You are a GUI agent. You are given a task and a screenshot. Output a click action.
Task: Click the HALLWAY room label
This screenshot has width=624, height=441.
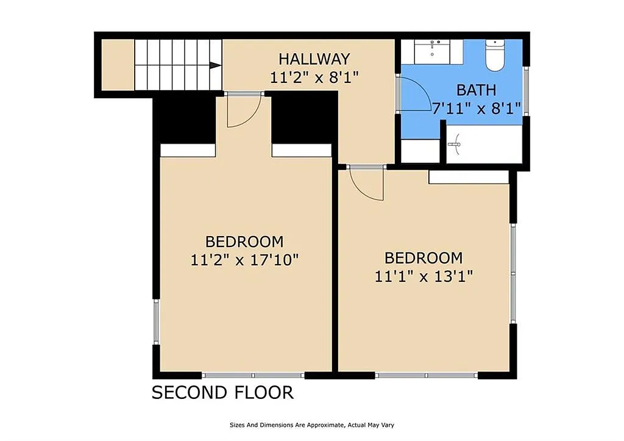(x=314, y=59)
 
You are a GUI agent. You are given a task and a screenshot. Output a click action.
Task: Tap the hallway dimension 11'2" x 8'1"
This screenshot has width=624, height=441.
(x=314, y=77)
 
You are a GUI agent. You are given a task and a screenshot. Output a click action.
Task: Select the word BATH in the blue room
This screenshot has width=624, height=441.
(x=476, y=90)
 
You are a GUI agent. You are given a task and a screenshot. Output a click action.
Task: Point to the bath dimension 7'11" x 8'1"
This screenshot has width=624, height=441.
(x=477, y=108)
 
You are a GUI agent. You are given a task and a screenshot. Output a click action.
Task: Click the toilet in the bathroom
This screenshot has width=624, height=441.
(x=495, y=55)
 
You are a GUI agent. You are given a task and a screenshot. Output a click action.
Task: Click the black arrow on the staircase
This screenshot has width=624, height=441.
(x=215, y=65)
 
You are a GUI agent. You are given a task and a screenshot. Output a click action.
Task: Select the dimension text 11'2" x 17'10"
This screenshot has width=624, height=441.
(x=244, y=260)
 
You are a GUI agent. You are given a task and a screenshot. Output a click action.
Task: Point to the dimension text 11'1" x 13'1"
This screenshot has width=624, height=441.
(x=424, y=276)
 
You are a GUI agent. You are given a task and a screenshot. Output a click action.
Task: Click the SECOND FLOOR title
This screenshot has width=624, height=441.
(x=222, y=392)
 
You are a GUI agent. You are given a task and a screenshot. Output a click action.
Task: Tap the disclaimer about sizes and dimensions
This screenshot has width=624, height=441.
(x=311, y=425)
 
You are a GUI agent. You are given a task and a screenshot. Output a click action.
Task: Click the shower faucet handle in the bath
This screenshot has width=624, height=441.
(x=456, y=144)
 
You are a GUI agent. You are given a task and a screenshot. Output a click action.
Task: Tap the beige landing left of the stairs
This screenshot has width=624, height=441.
(x=118, y=65)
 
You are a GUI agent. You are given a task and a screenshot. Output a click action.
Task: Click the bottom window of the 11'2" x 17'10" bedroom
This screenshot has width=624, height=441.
(x=253, y=375)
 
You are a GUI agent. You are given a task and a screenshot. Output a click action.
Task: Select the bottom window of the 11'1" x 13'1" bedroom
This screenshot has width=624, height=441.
(x=426, y=375)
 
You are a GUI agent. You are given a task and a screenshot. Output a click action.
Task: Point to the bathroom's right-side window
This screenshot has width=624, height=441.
(x=526, y=91)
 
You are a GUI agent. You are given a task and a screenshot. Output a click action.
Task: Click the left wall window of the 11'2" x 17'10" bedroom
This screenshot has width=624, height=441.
(x=156, y=321)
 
